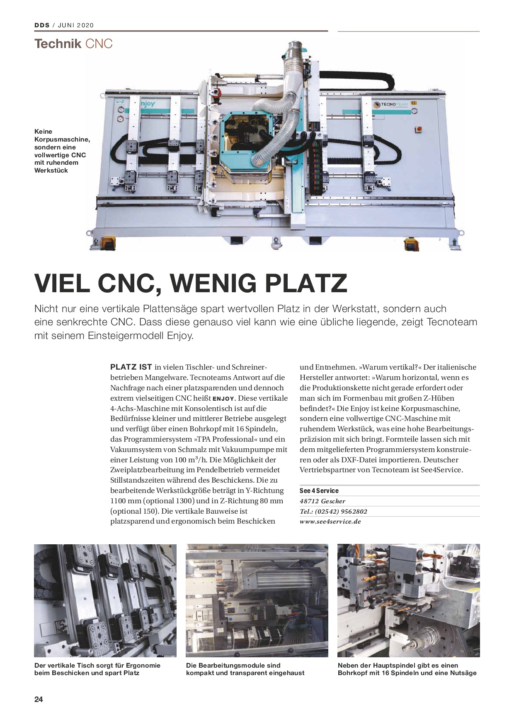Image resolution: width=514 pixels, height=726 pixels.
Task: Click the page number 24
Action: click(39, 699)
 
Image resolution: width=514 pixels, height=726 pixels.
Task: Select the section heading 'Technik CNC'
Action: click(73, 44)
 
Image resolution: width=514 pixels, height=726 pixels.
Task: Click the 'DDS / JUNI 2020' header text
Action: click(64, 25)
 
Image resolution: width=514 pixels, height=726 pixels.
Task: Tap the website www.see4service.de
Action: click(330, 522)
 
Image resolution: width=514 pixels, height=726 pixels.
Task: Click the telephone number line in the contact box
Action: click(333, 511)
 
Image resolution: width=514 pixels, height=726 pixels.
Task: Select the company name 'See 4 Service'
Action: click(319, 490)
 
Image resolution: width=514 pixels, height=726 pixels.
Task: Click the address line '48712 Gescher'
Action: click(322, 501)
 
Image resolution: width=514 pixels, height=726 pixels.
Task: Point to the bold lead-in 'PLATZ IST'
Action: click(131, 367)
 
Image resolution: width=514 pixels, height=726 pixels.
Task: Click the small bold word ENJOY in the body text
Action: click(223, 399)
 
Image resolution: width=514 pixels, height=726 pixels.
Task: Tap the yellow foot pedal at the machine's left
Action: click(108, 244)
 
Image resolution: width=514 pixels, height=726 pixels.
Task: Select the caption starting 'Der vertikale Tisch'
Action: click(97, 669)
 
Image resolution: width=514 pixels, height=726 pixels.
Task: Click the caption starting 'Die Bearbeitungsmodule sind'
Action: click(245, 669)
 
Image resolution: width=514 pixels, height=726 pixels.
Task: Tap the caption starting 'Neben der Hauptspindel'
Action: click(407, 669)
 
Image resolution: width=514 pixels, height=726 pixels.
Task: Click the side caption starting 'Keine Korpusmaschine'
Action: click(61, 151)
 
